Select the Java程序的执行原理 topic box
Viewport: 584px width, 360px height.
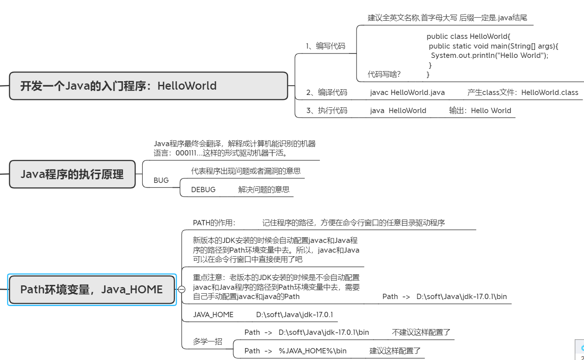[72, 174]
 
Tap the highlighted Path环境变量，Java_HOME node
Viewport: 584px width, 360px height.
[91, 290]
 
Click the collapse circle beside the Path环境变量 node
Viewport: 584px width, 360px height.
[182, 290]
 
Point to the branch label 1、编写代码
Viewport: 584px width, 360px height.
[326, 46]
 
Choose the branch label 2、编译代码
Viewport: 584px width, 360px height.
[326, 92]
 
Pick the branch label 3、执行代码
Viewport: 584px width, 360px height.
[326, 110]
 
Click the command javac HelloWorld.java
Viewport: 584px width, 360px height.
[407, 92]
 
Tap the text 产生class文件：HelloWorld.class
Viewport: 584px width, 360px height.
[523, 92]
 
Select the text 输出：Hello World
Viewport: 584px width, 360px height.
[480, 110]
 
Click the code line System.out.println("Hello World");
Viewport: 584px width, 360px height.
[489, 55]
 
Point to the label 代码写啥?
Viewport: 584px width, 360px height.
[384, 74]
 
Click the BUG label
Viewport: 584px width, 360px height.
[161, 180]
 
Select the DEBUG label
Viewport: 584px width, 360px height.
[203, 189]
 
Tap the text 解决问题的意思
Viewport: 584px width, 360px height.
[264, 189]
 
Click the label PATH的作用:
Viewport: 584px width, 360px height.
[214, 223]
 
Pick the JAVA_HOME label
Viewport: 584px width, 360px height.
[213, 315]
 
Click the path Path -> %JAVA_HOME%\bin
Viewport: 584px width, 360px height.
[296, 351]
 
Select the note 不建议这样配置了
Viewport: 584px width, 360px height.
[421, 332]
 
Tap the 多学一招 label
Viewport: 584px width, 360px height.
[207, 341]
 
